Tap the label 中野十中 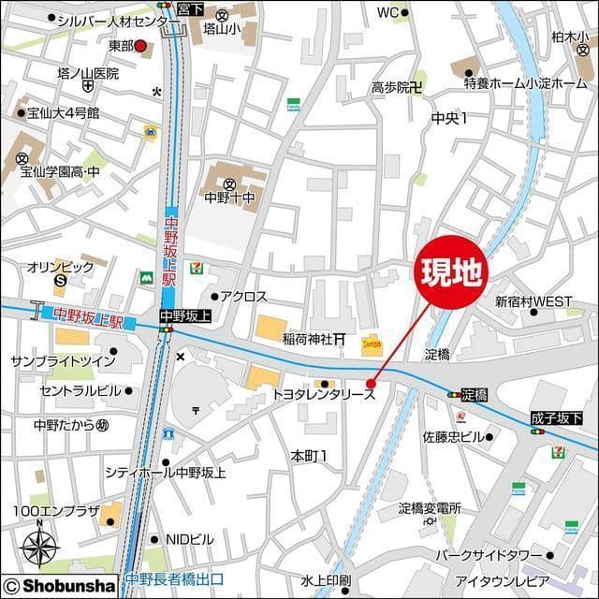229,197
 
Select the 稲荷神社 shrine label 308,339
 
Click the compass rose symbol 40,546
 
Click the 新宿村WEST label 533,301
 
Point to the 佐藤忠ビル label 453,437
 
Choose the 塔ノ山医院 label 88,73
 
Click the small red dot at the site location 371,383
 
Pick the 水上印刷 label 326,579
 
